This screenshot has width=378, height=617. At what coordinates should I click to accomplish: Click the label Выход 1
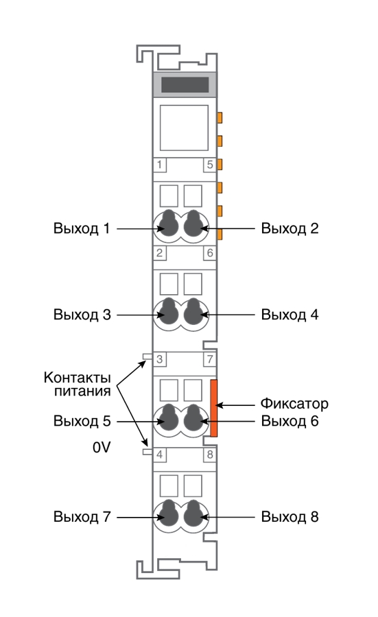point(82,228)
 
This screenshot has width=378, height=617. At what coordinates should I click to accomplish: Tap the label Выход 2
point(290,228)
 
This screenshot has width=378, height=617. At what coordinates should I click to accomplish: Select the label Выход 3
point(82,315)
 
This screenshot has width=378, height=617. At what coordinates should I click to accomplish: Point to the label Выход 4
point(290,315)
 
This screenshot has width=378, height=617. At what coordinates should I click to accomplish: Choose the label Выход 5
point(82,421)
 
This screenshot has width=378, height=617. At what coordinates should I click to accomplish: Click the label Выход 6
point(290,421)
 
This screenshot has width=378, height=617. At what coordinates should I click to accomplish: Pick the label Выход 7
point(82,517)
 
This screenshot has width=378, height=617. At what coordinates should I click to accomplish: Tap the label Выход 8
point(290,517)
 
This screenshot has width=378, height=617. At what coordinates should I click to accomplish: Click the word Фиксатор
point(294,404)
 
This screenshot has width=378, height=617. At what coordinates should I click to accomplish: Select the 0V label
point(102,448)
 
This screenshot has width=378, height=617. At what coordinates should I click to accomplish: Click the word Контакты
point(77,377)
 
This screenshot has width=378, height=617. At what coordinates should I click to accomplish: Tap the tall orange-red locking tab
point(214,408)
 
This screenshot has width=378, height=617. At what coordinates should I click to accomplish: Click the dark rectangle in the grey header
point(185,84)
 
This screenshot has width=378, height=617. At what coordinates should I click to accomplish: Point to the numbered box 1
point(159,165)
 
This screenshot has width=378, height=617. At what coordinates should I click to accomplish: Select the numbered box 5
point(210,165)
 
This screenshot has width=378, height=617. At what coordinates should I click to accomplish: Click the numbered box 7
point(210,359)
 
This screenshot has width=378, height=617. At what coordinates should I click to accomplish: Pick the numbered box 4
point(159,455)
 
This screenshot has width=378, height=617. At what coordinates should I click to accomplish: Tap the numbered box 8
point(210,455)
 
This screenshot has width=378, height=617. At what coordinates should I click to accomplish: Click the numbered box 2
point(159,252)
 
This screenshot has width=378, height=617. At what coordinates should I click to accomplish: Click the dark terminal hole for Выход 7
point(169,513)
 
